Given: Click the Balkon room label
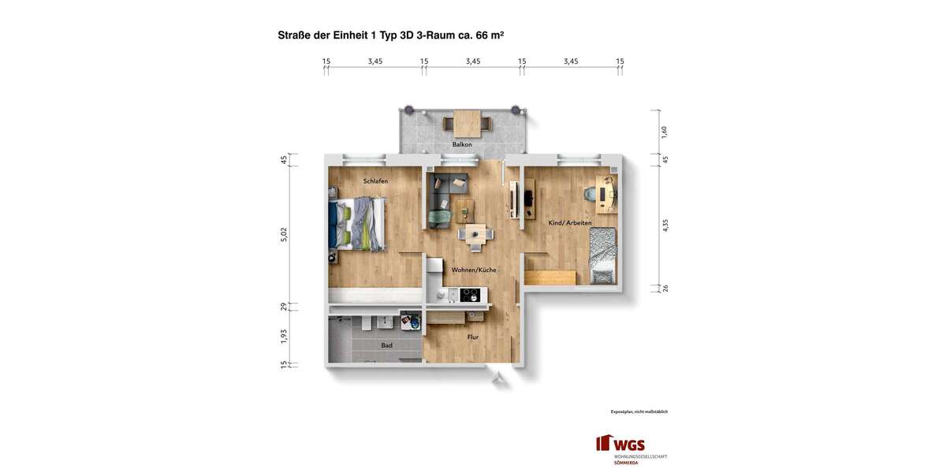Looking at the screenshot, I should [462, 144].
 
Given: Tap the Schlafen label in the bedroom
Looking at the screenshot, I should [375, 181].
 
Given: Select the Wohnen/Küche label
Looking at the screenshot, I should [474, 270].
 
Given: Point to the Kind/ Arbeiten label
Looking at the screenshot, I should [570, 223].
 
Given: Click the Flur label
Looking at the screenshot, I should [473, 337].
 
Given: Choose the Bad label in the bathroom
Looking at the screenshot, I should [386, 345].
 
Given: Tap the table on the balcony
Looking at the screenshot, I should [467, 123].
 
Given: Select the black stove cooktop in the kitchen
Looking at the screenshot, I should [470, 295].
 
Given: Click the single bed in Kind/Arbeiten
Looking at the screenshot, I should [603, 255].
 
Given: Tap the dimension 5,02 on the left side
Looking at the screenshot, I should [284, 234].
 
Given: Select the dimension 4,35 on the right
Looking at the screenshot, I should [665, 225].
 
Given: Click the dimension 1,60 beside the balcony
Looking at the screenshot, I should [665, 132].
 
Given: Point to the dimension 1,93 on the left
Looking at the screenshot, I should [284, 336].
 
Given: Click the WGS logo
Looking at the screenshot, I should [622, 445].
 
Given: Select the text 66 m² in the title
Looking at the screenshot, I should [490, 35].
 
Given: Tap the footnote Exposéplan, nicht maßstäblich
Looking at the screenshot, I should [639, 412].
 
